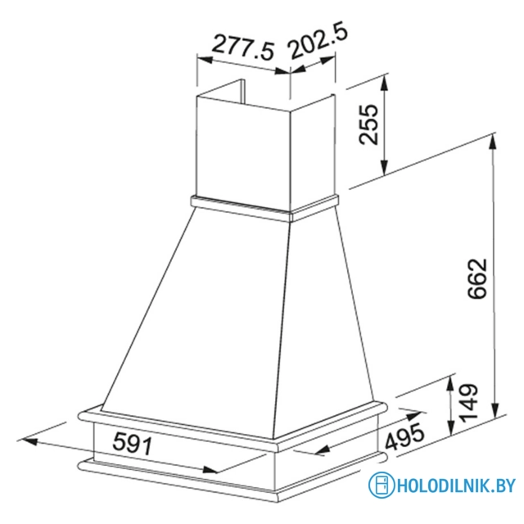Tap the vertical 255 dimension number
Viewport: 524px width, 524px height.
(x=369, y=124)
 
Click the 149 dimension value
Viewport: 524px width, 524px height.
(x=467, y=404)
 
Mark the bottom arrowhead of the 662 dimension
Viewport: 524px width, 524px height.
(x=495, y=413)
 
